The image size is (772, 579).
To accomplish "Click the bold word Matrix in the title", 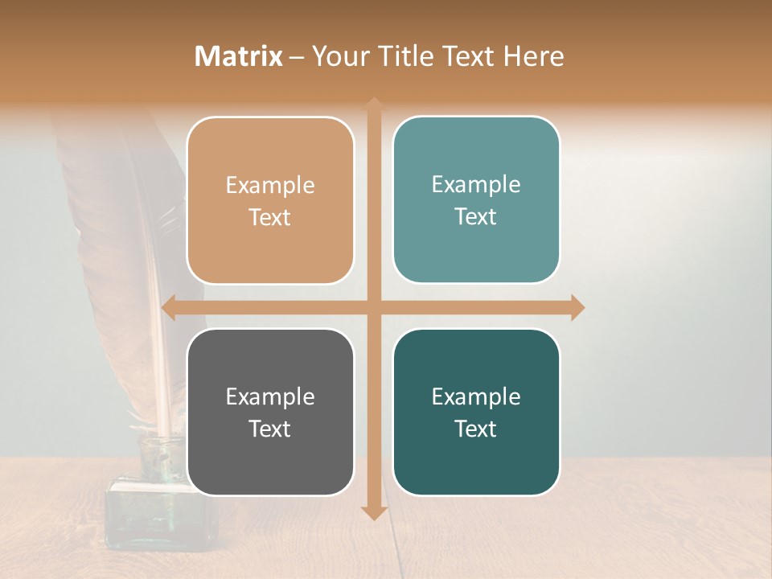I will click(x=239, y=56).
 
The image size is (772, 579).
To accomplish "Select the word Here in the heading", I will click(x=533, y=56).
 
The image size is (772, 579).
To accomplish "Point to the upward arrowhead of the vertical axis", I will click(x=374, y=105).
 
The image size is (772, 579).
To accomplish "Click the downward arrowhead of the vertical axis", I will click(x=374, y=512).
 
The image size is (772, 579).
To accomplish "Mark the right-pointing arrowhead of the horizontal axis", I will click(x=577, y=307).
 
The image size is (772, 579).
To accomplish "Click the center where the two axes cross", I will click(x=374, y=307).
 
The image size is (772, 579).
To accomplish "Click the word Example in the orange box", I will click(x=270, y=186).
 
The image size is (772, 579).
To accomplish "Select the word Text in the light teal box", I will click(x=476, y=216).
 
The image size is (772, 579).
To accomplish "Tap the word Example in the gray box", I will click(x=270, y=397).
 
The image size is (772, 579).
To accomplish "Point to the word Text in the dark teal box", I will click(x=476, y=429).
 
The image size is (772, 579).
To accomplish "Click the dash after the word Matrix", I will click(x=298, y=57).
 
